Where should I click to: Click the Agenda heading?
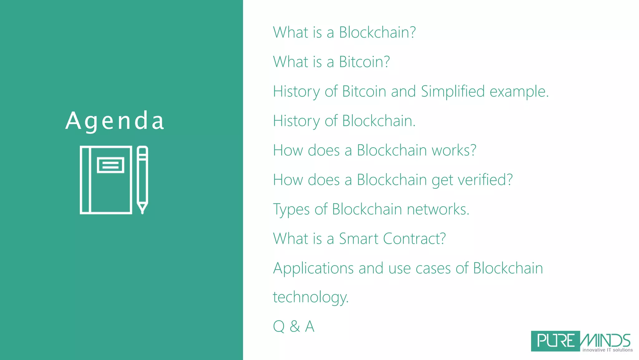pos(115,121)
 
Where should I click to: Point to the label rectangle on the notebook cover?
pos(111,165)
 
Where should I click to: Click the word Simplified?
pos(452,91)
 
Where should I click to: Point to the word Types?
pos(291,209)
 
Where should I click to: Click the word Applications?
pos(313,268)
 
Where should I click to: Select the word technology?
pos(310,297)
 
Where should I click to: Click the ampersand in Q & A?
pos(295,327)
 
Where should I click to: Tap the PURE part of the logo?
pos(555,341)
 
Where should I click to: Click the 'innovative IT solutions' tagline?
pos(607,350)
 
